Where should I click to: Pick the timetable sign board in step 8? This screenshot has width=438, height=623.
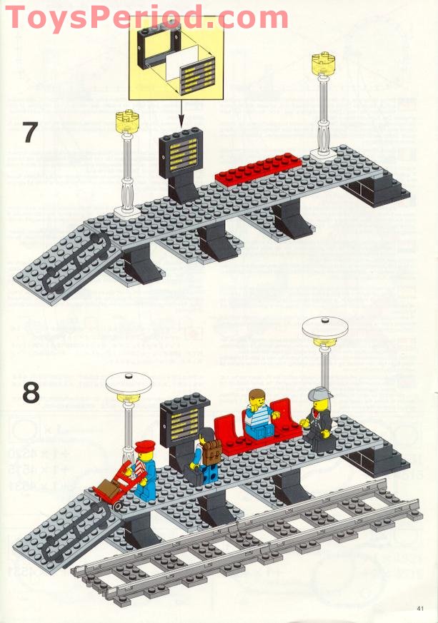(183, 417)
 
